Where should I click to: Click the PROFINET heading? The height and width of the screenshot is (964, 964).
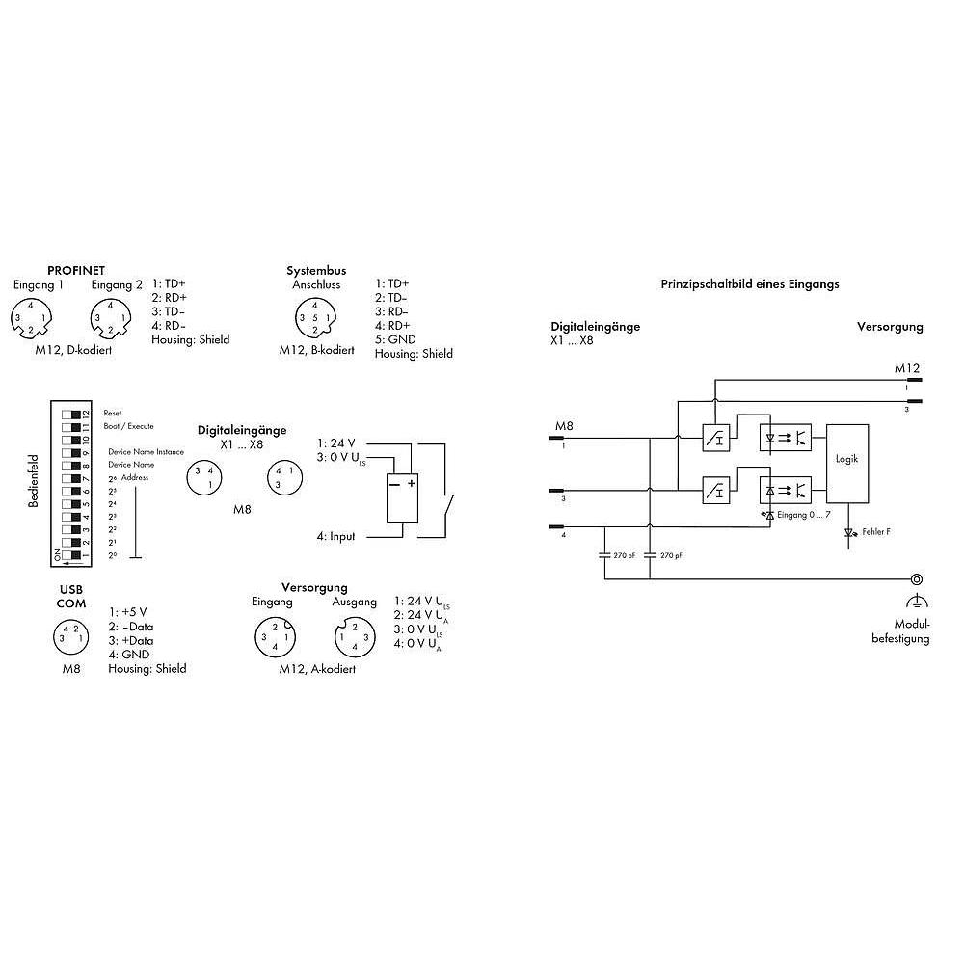76,271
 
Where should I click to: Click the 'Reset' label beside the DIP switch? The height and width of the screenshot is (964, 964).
112,413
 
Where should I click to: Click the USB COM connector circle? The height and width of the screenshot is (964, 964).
67,635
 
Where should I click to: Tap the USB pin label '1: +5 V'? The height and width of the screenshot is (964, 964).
128,611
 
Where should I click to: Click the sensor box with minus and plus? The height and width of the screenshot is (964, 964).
400,498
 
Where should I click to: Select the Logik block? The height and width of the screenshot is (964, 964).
846,461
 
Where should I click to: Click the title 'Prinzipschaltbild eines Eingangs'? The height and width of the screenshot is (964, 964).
750,284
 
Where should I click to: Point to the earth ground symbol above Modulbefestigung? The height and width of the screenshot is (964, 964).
916,601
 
